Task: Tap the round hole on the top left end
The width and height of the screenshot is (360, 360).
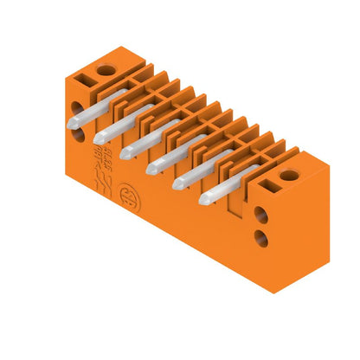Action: tap(105, 69)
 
